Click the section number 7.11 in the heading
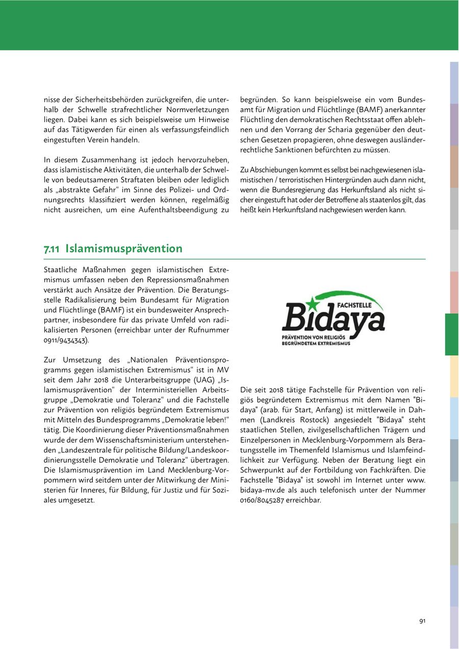pos(52,249)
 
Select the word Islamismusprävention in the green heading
pos(124,249)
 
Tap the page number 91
pos(422,621)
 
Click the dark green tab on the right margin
pos(451,334)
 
